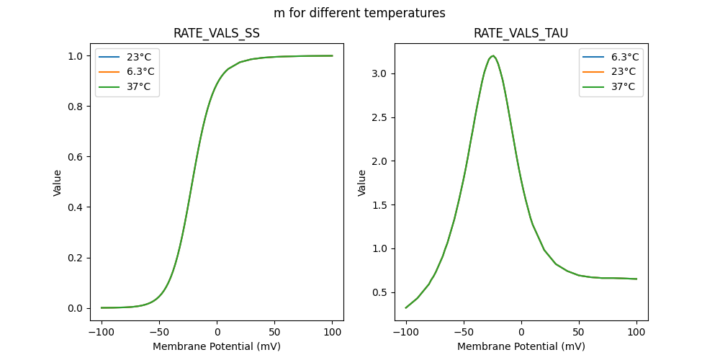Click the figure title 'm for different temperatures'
[x=359, y=13]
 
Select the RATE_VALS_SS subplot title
[x=217, y=34]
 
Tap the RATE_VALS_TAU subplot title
[x=521, y=34]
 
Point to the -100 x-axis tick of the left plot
[x=102, y=333]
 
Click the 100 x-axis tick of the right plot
[x=636, y=333]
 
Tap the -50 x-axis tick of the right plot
[x=464, y=333]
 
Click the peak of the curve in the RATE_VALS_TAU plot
[x=492, y=55]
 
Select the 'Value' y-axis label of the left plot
[x=58, y=182]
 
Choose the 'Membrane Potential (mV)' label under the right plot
[x=521, y=346]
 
